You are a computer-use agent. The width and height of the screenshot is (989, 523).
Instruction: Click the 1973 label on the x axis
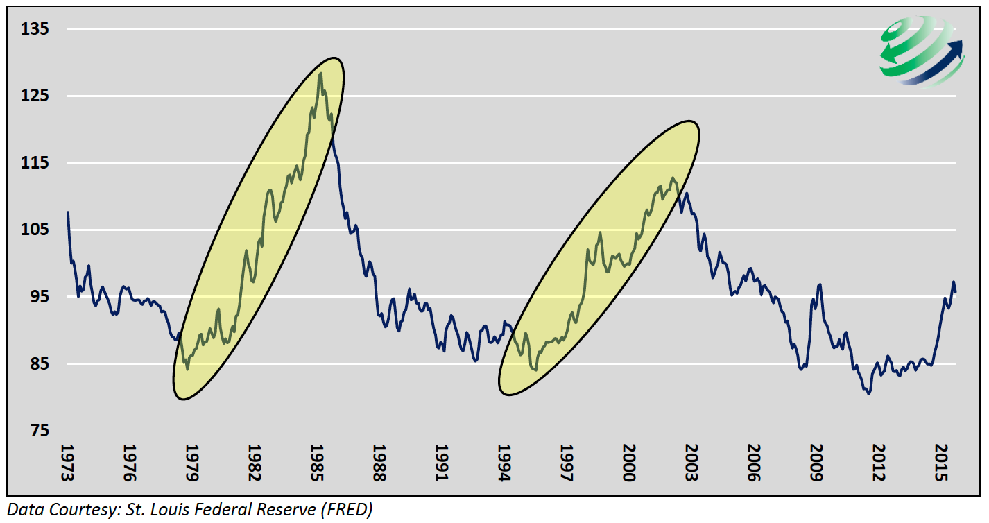(67, 461)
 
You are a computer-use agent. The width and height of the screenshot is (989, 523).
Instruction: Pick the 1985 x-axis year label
(316, 461)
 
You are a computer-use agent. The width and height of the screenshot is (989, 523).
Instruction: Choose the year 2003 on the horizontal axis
(689, 461)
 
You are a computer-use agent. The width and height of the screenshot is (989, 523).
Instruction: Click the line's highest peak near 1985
(320, 73)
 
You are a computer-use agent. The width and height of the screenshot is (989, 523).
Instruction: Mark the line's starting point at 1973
(67, 212)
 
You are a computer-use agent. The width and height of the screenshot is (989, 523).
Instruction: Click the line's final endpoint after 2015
(956, 291)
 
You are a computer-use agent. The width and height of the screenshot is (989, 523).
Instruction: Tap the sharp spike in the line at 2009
(820, 284)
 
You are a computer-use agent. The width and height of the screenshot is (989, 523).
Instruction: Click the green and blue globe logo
(919, 52)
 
